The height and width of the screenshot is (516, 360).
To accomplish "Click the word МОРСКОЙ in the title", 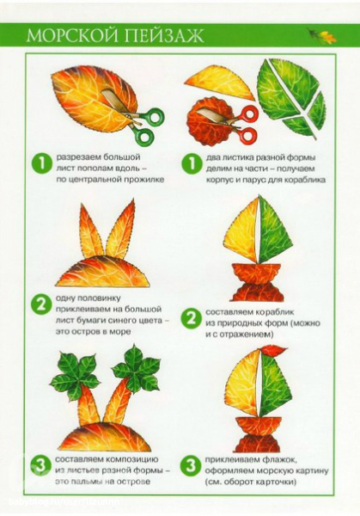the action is [x=74, y=35].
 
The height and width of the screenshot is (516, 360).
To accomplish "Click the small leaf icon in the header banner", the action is [x=321, y=35].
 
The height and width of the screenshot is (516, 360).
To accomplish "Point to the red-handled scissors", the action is [x=230, y=122].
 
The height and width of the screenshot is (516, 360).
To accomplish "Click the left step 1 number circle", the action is [x=42, y=163].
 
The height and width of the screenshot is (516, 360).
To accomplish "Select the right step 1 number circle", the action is [x=192, y=163].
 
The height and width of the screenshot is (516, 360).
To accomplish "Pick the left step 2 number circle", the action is [x=41, y=305].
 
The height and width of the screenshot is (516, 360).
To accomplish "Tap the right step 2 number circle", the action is [x=191, y=318].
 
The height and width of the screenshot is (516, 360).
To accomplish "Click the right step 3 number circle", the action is [x=190, y=465].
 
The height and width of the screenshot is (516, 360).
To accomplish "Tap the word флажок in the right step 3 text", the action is [x=282, y=460].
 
